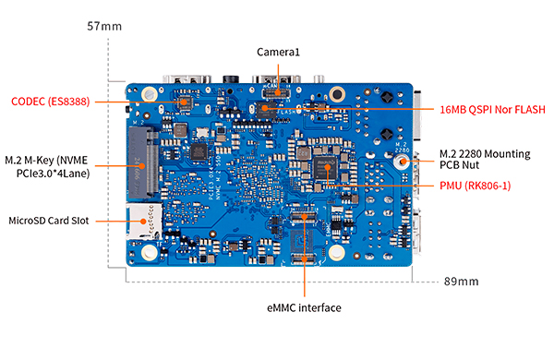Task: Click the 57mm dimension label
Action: [104, 26]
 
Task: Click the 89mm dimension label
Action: [461, 282]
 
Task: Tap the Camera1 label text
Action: [278, 53]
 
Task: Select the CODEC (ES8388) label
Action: [51, 102]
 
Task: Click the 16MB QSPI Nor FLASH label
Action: [492, 110]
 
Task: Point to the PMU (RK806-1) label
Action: [476, 186]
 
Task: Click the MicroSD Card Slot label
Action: [49, 221]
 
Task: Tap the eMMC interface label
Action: [304, 307]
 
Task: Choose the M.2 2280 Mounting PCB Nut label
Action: [485, 160]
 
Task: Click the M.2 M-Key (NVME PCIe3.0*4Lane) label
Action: [47, 167]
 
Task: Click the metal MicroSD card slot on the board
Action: [144, 222]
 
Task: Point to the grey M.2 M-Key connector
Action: [143, 162]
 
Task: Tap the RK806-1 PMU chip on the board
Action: [325, 168]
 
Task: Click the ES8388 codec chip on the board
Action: [185, 102]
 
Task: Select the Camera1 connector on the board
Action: [276, 93]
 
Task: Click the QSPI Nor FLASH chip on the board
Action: [266, 110]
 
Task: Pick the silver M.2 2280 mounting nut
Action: [402, 162]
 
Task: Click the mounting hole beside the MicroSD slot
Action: [149, 253]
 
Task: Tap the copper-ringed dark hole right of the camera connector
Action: [337, 94]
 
